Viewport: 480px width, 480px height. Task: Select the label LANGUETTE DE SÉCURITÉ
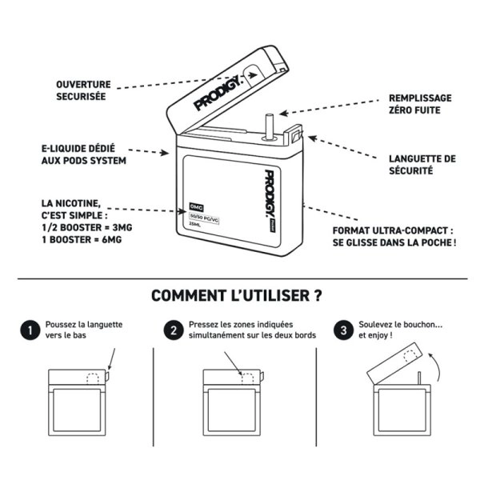click(422, 164)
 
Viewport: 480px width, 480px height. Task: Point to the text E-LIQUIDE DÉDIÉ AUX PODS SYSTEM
click(83, 155)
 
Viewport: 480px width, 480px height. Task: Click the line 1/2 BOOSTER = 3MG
click(82, 227)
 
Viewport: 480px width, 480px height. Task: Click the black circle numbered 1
click(28, 330)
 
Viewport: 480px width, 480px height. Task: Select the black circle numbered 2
click(172, 330)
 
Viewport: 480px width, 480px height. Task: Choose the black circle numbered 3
click(343, 330)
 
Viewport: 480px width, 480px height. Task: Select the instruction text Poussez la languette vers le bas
click(83, 330)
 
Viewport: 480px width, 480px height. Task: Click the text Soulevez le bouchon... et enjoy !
click(400, 330)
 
